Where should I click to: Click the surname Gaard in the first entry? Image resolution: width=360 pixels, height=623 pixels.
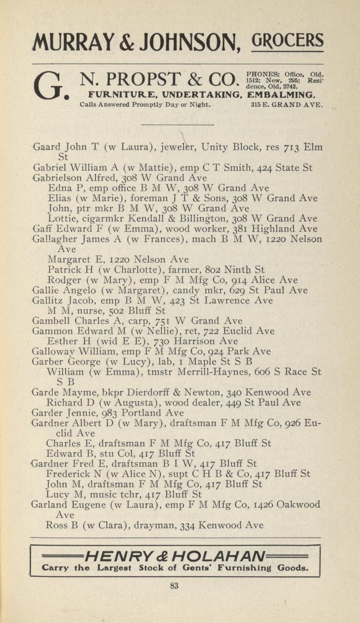[x=48, y=147]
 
